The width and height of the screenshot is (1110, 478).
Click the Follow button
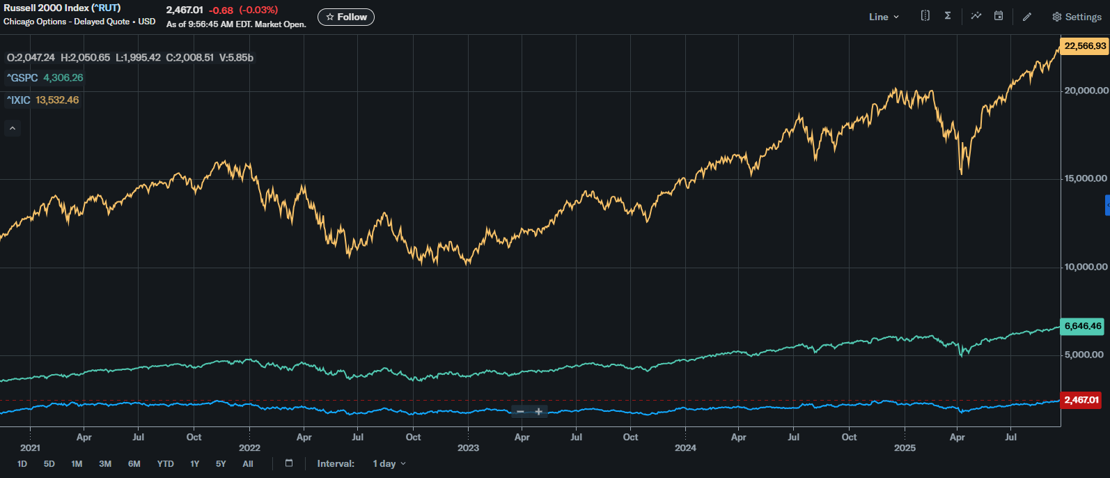[346, 17]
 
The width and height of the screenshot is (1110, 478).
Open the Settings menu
[1077, 17]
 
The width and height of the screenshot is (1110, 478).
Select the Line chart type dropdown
[884, 17]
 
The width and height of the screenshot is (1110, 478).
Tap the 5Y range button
[221, 463]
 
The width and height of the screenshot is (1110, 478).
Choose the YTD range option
[166, 463]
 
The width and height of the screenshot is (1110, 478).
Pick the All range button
[248, 463]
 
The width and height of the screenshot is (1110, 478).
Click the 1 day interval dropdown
[389, 463]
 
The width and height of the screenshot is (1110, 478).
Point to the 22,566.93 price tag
[1085, 46]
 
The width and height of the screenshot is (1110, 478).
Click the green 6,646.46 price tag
[1083, 326]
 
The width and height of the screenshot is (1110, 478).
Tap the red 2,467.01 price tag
[1081, 400]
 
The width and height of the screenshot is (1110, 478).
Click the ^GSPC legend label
[22, 78]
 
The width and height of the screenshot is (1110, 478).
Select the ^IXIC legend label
[18, 100]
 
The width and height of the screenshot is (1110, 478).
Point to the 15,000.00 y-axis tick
[1085, 178]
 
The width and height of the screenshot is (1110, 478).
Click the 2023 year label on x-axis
[468, 448]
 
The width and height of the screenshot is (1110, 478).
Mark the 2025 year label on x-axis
[905, 448]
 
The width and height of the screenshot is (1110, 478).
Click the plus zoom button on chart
[539, 412]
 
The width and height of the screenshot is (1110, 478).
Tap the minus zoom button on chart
[520, 412]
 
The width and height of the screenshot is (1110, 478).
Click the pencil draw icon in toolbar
[1027, 17]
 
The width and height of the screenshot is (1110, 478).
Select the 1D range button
[22, 463]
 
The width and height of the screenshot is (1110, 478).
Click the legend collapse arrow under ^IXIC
[13, 128]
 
